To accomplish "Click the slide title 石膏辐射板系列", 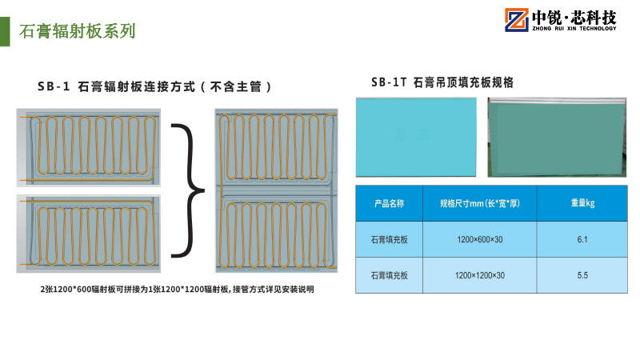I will [x=77, y=32].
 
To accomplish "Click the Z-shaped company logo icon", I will [x=514, y=22].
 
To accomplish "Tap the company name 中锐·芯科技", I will [x=573, y=16].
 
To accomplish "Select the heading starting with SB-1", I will [x=156, y=86].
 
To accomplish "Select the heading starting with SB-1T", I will [x=442, y=82].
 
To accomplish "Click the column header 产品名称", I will [x=389, y=204].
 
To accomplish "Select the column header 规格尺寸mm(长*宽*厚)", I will [x=480, y=204].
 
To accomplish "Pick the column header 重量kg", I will [x=582, y=204].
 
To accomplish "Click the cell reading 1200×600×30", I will [x=480, y=240].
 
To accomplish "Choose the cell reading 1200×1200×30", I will [x=480, y=275].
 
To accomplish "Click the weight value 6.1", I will [x=582, y=240].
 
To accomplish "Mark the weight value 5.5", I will [x=582, y=275].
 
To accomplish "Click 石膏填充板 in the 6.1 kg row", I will [x=389, y=240].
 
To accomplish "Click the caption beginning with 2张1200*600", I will [x=178, y=290].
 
